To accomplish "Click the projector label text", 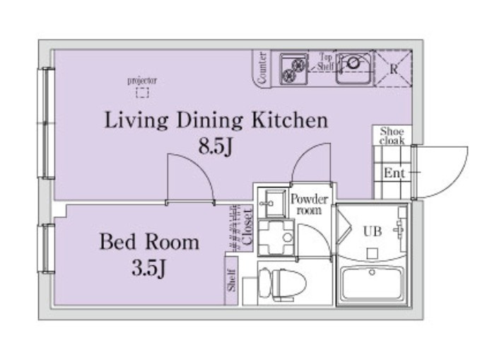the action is (142, 81).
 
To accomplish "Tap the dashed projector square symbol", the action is (142, 93).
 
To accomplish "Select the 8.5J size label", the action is (216, 146).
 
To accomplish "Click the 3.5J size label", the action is (148, 267).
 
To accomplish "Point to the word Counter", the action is (262, 68).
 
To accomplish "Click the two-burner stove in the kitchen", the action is (293, 69).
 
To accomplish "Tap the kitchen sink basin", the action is (354, 68).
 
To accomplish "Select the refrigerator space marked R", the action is (393, 69).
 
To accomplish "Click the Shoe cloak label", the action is (392, 136).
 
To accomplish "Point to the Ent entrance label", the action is (394, 173).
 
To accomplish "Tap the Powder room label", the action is (309, 204).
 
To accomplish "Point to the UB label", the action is (373, 231).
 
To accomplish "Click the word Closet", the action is (247, 227).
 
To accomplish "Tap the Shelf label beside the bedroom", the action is (231, 280).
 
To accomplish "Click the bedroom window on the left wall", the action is (46, 248).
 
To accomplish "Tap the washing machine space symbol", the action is (276, 238).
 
